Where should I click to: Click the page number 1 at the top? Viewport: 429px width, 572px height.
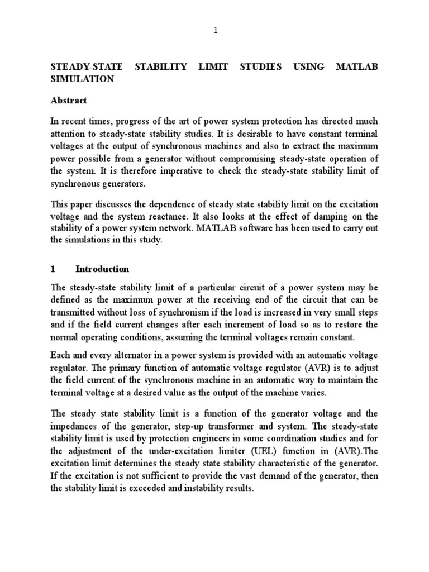(214, 31)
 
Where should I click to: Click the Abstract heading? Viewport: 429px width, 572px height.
(69, 101)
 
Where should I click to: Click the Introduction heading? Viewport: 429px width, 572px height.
(102, 269)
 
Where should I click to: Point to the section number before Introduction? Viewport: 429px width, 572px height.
(53, 269)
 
